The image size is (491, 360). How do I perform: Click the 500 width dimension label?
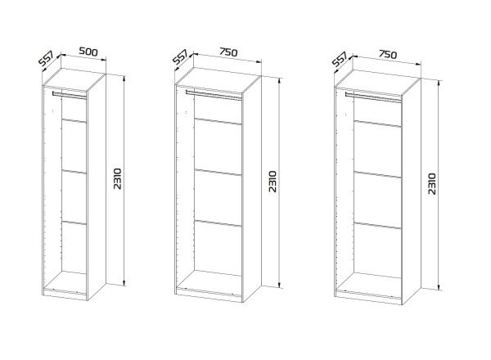point(88,52)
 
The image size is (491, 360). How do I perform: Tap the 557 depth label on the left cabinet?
point(47,59)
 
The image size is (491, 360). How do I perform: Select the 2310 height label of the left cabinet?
point(117,178)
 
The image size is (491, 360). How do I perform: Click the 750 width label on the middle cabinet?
point(228,52)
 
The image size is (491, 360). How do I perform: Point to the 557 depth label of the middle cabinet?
point(180,57)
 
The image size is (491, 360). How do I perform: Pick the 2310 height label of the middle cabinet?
point(273,182)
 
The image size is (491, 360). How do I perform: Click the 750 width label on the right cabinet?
point(388,55)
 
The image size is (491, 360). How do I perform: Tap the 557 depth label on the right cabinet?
point(340,59)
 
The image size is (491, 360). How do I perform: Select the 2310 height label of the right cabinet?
point(431,184)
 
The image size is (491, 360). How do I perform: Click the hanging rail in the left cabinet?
point(70,95)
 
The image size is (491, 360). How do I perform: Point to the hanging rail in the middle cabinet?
point(214,95)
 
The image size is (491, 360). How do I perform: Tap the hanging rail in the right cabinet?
point(373,97)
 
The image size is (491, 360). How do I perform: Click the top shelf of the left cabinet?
point(74,121)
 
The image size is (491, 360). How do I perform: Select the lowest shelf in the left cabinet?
point(74,223)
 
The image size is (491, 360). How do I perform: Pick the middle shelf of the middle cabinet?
point(218,173)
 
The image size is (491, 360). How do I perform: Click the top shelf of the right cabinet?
point(377,124)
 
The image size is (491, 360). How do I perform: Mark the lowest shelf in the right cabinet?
point(377,226)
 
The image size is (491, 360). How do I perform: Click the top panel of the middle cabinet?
point(218,80)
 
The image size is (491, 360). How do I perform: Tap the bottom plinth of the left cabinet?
point(65,295)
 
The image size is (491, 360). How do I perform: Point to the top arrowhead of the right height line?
point(439,82)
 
